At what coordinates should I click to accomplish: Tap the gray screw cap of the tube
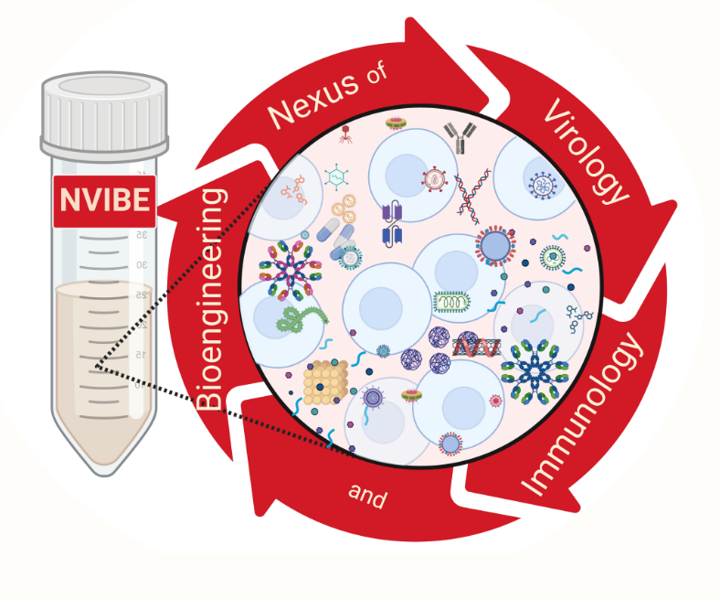[104, 114]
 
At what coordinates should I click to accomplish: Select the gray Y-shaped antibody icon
[460, 136]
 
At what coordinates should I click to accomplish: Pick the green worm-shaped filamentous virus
[302, 319]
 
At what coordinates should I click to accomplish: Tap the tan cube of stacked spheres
[325, 381]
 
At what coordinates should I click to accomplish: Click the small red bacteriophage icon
[346, 135]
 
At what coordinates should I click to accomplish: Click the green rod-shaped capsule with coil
[450, 302]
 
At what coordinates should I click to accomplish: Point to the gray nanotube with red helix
[475, 347]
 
